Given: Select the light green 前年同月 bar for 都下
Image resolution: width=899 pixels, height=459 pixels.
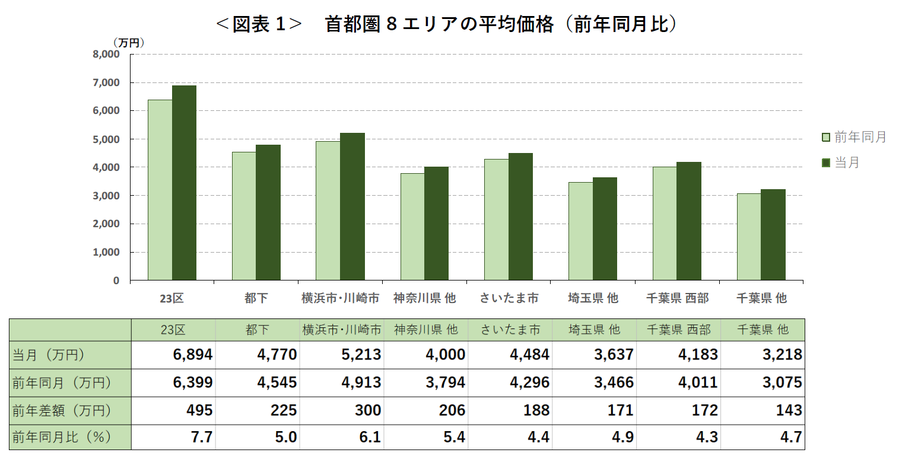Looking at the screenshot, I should (x=244, y=216).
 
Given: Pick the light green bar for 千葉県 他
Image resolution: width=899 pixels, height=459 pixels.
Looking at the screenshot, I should (x=748, y=237).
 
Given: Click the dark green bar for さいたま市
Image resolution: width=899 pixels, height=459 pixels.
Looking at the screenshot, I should (x=520, y=216).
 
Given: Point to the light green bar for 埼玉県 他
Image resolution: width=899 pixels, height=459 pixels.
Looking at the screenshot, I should (x=580, y=231).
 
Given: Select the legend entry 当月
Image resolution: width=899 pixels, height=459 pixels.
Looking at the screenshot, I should (x=840, y=162).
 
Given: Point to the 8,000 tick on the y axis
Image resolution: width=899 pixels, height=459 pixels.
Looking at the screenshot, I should (x=107, y=54).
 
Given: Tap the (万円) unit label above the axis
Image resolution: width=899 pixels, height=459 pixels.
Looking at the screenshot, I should (x=129, y=43).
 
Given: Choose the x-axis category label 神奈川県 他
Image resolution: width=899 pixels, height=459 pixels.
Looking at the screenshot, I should (x=424, y=298).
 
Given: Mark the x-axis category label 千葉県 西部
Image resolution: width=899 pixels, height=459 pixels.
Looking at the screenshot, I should (x=677, y=298).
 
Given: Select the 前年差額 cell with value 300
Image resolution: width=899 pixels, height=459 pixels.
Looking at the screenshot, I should (x=361, y=410).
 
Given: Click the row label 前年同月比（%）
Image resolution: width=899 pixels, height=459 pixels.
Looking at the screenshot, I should (x=62, y=438).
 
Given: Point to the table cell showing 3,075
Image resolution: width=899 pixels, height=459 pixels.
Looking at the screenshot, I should (x=782, y=383).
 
